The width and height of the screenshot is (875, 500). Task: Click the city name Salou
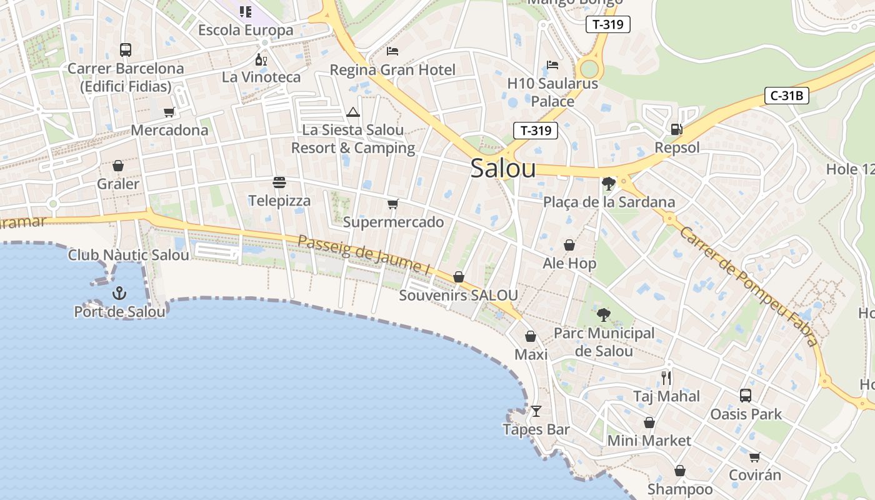pyautogui.click(x=503, y=168)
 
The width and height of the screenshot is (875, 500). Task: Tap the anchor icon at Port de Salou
pyautogui.click(x=119, y=292)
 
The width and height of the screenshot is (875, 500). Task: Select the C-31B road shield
pyautogui.click(x=787, y=96)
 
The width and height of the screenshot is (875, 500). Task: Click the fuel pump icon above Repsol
pyautogui.click(x=676, y=129)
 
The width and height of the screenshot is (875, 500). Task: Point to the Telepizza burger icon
pyautogui.click(x=279, y=182)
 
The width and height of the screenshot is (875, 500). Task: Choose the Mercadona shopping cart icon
pyautogui.click(x=169, y=112)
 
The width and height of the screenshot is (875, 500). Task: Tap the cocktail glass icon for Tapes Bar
pyautogui.click(x=536, y=411)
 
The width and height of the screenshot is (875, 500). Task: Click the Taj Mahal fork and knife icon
pyautogui.click(x=666, y=377)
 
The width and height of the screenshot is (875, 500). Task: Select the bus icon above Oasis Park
pyautogui.click(x=746, y=395)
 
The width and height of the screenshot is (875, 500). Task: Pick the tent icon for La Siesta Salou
pyautogui.click(x=353, y=112)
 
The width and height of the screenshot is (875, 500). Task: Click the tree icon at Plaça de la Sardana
pyautogui.click(x=608, y=183)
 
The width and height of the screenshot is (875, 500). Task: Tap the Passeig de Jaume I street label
pyautogui.click(x=364, y=255)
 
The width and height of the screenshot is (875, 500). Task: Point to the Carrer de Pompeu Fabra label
pyautogui.click(x=748, y=286)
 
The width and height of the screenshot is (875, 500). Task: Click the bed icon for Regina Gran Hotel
pyautogui.click(x=392, y=51)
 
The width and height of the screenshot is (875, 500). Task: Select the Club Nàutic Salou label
pyautogui.click(x=128, y=255)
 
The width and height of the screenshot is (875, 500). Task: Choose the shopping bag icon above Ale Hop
pyautogui.click(x=569, y=245)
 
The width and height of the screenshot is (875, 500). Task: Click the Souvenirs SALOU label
pyautogui.click(x=458, y=295)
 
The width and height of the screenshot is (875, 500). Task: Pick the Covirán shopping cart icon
pyautogui.click(x=755, y=457)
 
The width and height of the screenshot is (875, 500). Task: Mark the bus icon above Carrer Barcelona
pyautogui.click(x=126, y=50)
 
